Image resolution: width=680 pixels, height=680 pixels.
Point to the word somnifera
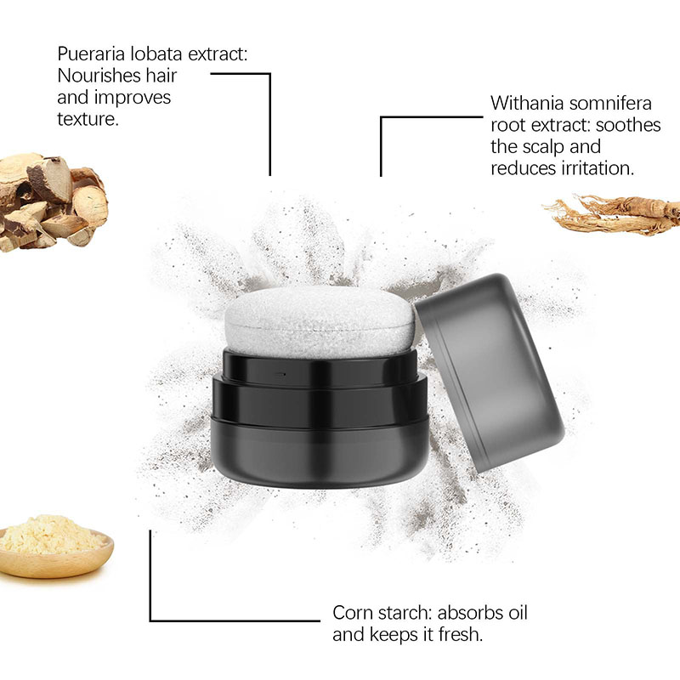611,103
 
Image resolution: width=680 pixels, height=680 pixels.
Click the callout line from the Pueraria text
269,119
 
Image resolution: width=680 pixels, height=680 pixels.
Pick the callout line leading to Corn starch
151,586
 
